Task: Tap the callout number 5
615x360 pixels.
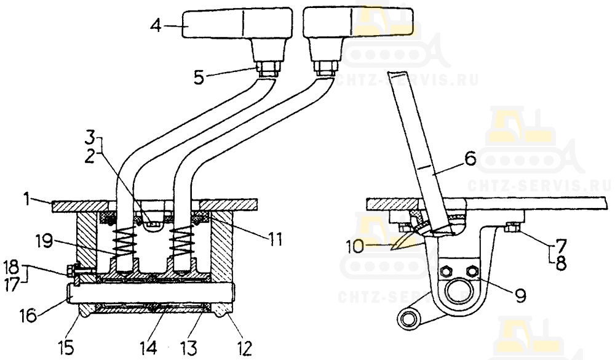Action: [x=199, y=77]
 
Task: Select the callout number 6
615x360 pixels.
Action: [x=470, y=159]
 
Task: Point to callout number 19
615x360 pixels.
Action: [x=44, y=241]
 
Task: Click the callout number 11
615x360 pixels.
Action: [x=275, y=239]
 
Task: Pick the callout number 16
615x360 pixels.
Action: [x=28, y=315]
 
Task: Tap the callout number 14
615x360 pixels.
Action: [x=149, y=348]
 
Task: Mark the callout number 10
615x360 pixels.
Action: [x=355, y=247]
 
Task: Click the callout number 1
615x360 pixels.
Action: [x=26, y=199]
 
